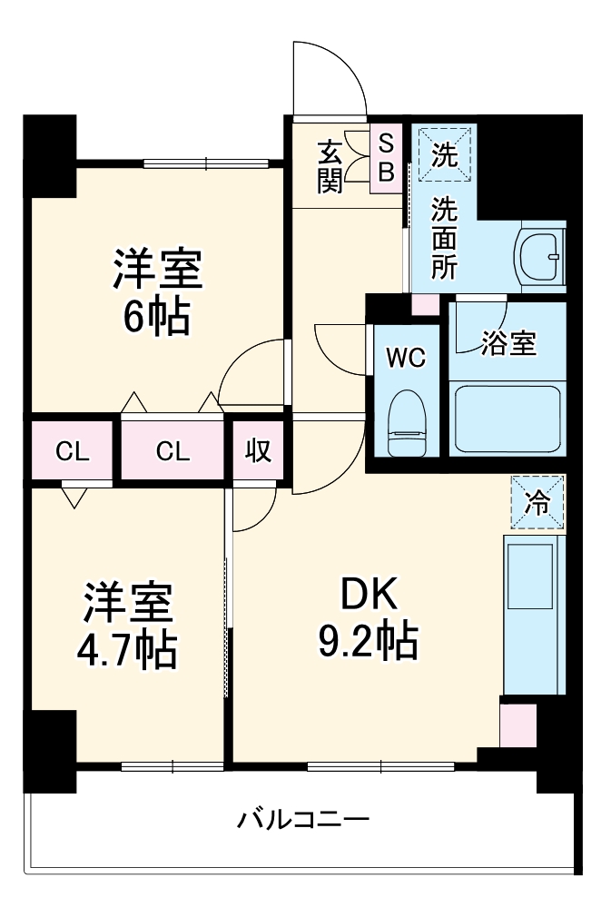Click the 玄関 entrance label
coord(330,166)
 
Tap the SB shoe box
coord(385,158)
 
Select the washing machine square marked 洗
coord(445,155)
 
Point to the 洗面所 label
coord(444,239)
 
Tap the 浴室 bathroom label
coord(508,343)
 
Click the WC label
coord(406,358)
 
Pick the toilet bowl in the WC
coord(406,421)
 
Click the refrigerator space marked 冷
coord(537,502)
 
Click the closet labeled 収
coord(259,450)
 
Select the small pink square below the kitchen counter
coord(517,723)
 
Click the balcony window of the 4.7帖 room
coord(172,766)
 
